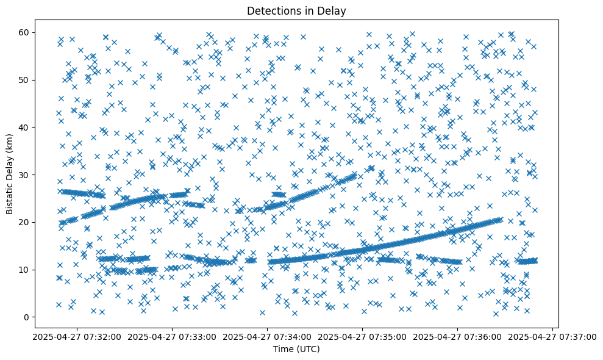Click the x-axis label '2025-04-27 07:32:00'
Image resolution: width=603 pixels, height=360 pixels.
coord(77,337)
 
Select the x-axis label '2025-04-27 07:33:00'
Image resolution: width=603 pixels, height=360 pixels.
coord(173,337)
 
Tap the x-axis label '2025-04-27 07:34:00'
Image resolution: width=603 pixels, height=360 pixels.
coord(268,337)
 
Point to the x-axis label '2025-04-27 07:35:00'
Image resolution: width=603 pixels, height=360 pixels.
coord(363,337)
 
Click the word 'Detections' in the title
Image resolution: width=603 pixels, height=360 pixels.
coord(270,10)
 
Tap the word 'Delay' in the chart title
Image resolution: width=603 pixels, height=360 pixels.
coord(332,10)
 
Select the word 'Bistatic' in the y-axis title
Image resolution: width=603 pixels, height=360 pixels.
coord(10,199)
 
